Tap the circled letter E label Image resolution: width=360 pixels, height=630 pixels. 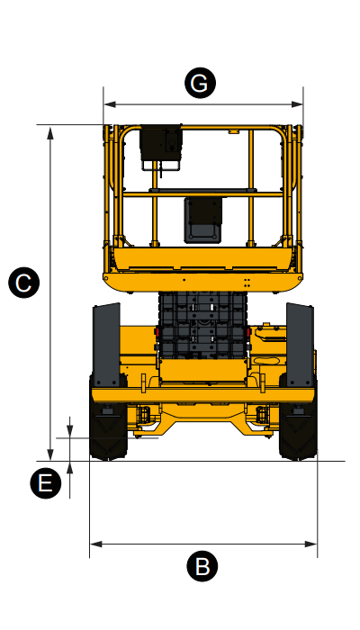pos(45,483)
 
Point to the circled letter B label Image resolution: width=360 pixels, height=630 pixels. pos(202,566)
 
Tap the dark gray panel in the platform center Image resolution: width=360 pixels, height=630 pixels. pos(202,219)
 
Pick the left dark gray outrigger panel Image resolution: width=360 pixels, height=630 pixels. pos(106,338)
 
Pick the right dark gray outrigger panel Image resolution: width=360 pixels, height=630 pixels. pos(299,338)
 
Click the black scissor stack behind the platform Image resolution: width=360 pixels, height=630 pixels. pos(202,324)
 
